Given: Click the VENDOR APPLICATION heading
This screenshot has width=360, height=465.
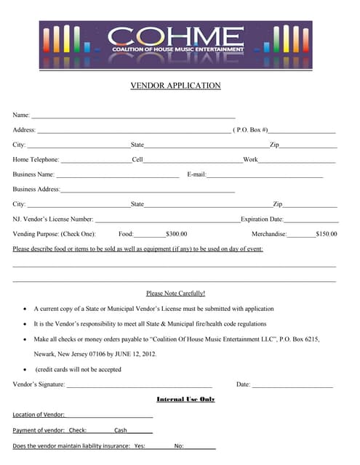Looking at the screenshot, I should (175, 86).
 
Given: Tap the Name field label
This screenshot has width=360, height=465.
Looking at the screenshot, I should (21, 116).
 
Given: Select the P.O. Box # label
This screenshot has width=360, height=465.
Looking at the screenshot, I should (251, 130).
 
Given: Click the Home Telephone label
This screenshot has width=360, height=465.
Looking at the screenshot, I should (36, 160).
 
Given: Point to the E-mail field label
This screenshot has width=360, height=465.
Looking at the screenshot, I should (196, 174).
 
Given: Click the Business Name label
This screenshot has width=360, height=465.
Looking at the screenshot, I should (33, 174).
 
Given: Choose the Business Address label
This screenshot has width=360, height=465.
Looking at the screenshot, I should (36, 190).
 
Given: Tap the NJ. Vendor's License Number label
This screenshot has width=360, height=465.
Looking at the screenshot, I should (53, 219).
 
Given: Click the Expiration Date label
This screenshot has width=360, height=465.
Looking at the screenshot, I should (262, 219).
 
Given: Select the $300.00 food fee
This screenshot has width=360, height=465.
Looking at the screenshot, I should (176, 234).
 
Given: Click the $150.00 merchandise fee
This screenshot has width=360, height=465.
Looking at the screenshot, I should (327, 234).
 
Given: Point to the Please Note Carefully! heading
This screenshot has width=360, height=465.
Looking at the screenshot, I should (175, 294).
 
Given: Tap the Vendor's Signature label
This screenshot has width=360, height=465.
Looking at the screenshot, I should (39, 384).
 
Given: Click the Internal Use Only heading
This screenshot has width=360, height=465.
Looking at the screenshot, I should (185, 400).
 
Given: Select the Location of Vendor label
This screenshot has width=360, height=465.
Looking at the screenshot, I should (39, 415).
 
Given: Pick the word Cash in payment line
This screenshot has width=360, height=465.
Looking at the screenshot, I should (120, 430).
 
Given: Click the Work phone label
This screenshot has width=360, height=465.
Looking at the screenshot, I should (250, 160).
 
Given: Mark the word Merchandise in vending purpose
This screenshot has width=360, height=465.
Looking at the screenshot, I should (269, 234).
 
